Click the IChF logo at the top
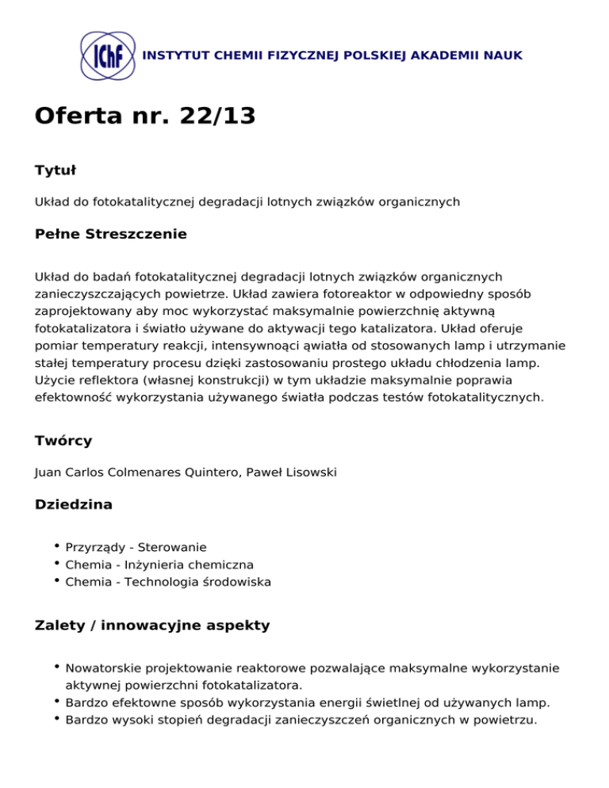(108, 55)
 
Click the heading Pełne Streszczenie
(111, 234)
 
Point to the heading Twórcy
(63, 440)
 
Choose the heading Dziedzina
(74, 504)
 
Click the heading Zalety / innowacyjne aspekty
(152, 625)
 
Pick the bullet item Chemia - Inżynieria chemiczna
(159, 564)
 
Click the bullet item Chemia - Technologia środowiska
(168, 582)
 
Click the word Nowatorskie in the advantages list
(101, 668)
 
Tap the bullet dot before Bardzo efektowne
(58, 702)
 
